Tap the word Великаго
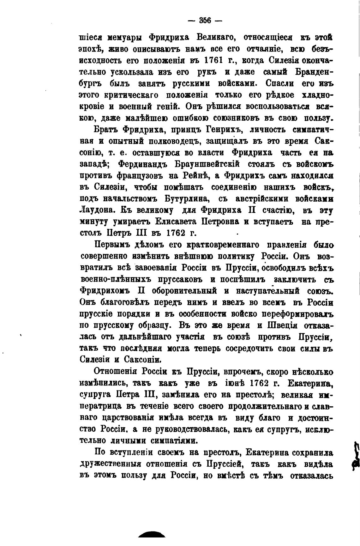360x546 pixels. tap(214, 38)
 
